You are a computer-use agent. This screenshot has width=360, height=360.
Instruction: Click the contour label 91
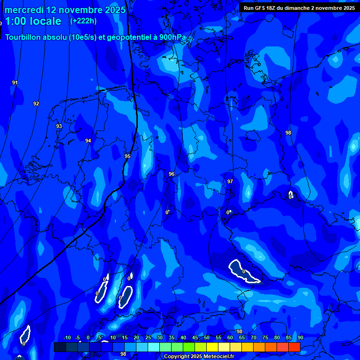click(x=15, y=82)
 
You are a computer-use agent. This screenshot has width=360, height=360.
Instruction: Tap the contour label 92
click(x=36, y=104)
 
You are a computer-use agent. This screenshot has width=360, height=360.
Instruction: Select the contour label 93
click(x=59, y=126)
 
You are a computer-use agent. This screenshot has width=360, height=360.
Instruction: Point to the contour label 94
click(x=88, y=141)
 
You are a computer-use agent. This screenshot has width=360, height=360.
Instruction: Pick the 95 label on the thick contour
click(x=127, y=156)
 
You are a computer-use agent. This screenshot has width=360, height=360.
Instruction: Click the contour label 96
click(x=172, y=174)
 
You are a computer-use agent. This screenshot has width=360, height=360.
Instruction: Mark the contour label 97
click(x=230, y=181)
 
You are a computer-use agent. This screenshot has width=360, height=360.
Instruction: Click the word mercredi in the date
click(x=23, y=10)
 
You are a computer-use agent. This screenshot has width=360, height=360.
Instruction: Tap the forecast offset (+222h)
click(x=83, y=21)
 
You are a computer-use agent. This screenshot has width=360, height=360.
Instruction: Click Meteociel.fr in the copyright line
click(x=218, y=357)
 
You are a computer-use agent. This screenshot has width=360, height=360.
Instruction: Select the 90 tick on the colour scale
click(x=300, y=337)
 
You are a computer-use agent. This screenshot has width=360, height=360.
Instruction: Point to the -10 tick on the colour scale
click(x=67, y=337)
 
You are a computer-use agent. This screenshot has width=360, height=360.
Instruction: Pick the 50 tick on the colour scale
click(x=207, y=337)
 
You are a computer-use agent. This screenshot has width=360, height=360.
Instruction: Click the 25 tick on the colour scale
click(x=148, y=337)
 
